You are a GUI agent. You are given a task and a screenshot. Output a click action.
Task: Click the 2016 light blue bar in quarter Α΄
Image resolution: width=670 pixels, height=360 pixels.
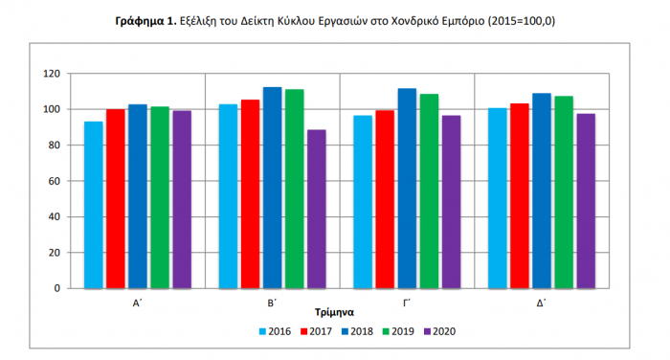94,205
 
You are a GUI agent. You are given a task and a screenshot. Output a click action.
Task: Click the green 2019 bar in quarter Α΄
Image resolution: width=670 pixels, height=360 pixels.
160,197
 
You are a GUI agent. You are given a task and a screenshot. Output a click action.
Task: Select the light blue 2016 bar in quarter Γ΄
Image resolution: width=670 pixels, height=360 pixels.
363,201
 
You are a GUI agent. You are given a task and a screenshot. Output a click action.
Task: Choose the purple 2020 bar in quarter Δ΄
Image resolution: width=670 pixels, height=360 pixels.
586,200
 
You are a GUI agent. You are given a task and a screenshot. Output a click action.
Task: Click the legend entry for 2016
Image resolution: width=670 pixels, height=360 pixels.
275,331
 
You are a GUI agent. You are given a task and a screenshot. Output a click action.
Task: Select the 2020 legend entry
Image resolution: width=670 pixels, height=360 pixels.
437,331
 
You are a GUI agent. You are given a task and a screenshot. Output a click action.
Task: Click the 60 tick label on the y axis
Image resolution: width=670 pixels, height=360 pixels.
55,181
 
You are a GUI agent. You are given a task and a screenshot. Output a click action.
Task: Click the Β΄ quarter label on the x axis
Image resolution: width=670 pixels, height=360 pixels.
273,302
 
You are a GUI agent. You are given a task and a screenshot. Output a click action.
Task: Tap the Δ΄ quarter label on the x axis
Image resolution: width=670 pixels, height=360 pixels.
542,302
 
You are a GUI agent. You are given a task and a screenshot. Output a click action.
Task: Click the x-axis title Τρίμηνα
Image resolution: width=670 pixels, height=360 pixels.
334,312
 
